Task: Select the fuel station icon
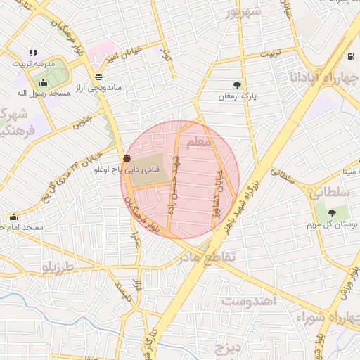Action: (351, 56)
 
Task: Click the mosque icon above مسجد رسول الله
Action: (42, 82)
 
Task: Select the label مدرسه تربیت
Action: (32, 63)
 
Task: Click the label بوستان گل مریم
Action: (331, 225)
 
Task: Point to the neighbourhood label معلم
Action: (199, 143)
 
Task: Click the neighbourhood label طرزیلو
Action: (58, 268)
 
